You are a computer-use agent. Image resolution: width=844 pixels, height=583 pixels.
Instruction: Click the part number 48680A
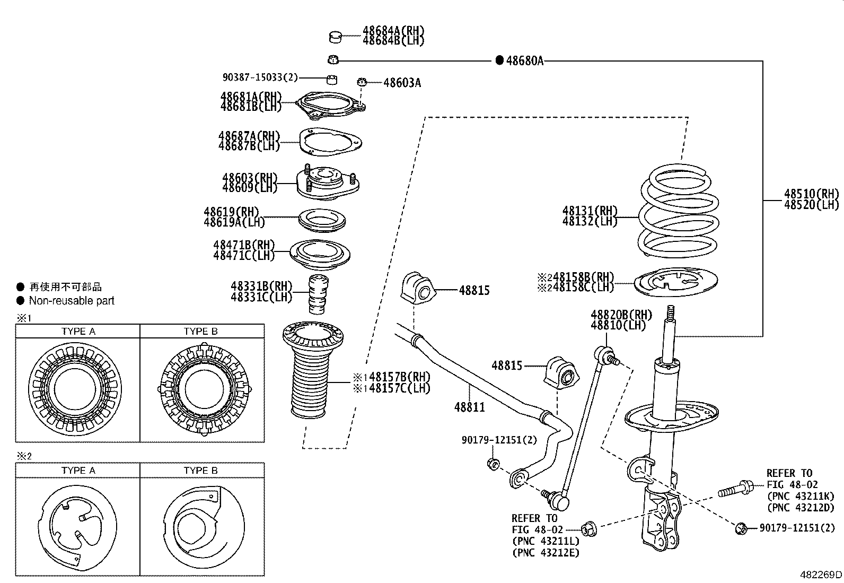pos(525,60)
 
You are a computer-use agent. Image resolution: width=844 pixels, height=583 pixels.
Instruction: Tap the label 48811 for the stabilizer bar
pos(469,407)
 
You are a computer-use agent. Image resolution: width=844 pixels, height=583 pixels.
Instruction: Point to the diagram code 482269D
pos(821,575)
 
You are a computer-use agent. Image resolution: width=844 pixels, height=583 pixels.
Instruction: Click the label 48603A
pos(402,83)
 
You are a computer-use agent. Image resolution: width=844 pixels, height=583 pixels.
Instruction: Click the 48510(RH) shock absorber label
pos(812,193)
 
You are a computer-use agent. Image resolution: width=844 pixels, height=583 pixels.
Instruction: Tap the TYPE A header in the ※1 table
pos(78,332)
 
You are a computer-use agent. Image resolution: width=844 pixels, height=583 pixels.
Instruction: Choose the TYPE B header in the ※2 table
pos(200,471)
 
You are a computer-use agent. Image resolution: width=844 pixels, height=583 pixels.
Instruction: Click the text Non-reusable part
pos(72,301)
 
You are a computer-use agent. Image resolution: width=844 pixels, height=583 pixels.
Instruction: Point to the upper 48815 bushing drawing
pos(417,289)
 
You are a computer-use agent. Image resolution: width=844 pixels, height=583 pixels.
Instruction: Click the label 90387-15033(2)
pos(260,77)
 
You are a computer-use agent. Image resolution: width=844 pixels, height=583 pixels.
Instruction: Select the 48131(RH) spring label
pos(590,211)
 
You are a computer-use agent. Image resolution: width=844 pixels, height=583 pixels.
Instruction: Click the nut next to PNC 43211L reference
pos(588,528)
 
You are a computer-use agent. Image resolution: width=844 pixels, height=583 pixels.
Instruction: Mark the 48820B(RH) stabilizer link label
pos(618,315)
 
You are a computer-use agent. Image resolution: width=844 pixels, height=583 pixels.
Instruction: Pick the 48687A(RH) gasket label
pos(249,136)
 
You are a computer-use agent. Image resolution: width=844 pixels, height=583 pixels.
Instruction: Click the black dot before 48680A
pos(499,60)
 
